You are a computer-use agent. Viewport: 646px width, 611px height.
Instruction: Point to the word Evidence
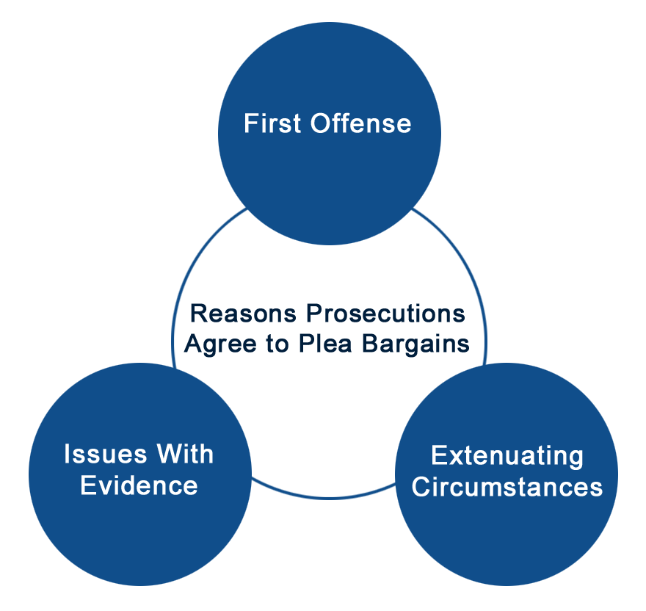coord(139,485)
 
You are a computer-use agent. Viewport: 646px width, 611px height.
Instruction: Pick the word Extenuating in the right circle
coord(507,456)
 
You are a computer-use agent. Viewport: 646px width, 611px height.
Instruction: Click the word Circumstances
coord(507,487)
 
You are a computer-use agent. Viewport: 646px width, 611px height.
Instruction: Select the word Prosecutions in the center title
coord(386,314)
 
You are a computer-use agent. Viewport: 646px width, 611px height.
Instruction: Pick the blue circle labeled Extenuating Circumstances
coord(507,529)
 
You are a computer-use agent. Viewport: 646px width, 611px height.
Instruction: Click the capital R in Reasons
coord(197,314)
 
